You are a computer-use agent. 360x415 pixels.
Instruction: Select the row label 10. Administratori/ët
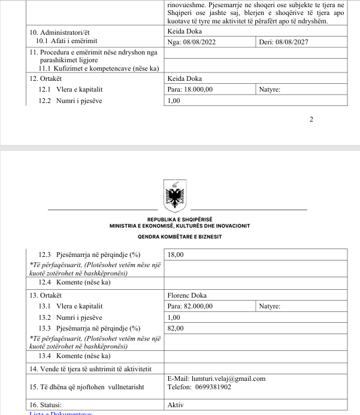(x=62, y=31)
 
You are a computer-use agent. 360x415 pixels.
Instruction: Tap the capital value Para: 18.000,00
(x=190, y=90)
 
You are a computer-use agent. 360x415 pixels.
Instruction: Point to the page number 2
(x=311, y=119)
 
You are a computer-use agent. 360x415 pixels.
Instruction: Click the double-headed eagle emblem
(x=177, y=196)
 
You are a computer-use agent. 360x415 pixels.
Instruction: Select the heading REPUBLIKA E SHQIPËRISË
(x=180, y=219)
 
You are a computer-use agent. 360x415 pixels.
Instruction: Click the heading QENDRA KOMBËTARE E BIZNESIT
(x=180, y=237)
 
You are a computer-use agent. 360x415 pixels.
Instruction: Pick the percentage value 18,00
(x=176, y=255)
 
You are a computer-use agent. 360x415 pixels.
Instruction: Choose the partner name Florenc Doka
(x=189, y=295)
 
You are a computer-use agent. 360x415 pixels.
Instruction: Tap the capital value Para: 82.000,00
(x=190, y=307)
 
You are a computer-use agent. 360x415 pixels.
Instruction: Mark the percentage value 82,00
(x=176, y=328)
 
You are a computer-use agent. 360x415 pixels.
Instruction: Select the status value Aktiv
(x=176, y=404)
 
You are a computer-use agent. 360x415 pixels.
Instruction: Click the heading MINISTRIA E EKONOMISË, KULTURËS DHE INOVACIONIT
(x=180, y=226)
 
